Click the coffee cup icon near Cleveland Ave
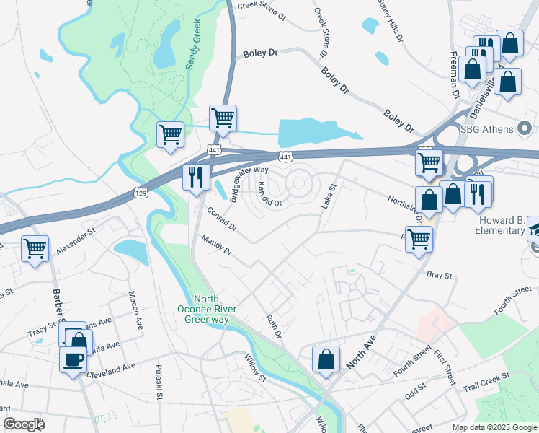pos(73,358)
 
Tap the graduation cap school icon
pos(533,229)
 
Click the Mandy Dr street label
pos(216,245)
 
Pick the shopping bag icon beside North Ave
pos(326,359)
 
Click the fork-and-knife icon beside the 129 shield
pos(196,176)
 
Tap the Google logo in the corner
pos(23,424)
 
